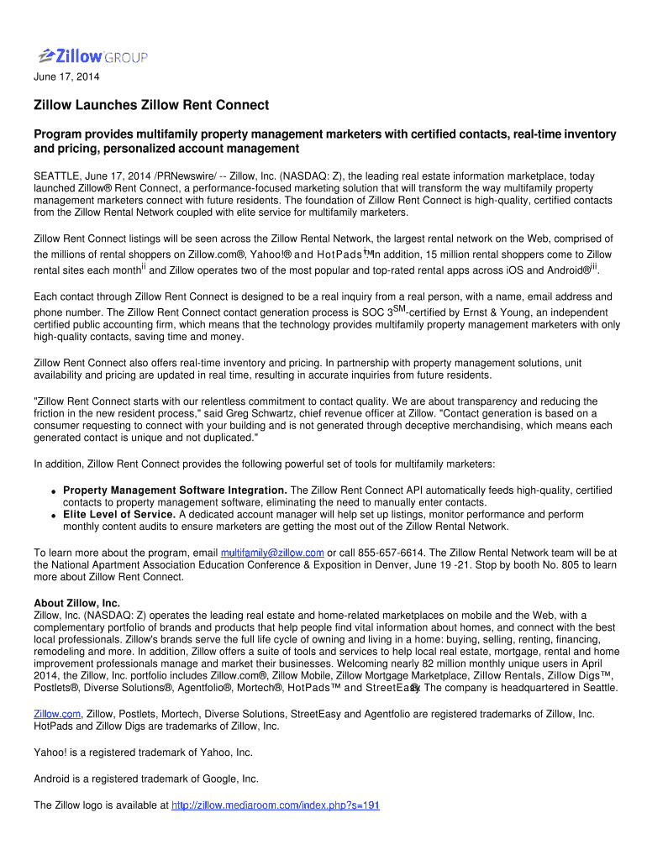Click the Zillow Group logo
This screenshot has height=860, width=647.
point(92,56)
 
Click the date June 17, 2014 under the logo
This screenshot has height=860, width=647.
point(66,78)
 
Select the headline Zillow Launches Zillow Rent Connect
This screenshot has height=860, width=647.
point(151,105)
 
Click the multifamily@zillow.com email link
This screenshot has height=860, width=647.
point(272,553)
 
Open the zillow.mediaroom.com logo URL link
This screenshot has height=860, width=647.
point(276,805)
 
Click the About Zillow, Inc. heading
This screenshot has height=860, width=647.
point(76,603)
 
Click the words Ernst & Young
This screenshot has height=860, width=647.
point(497,313)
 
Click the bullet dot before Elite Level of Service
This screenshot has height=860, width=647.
point(53,515)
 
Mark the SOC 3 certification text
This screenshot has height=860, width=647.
point(379,313)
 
